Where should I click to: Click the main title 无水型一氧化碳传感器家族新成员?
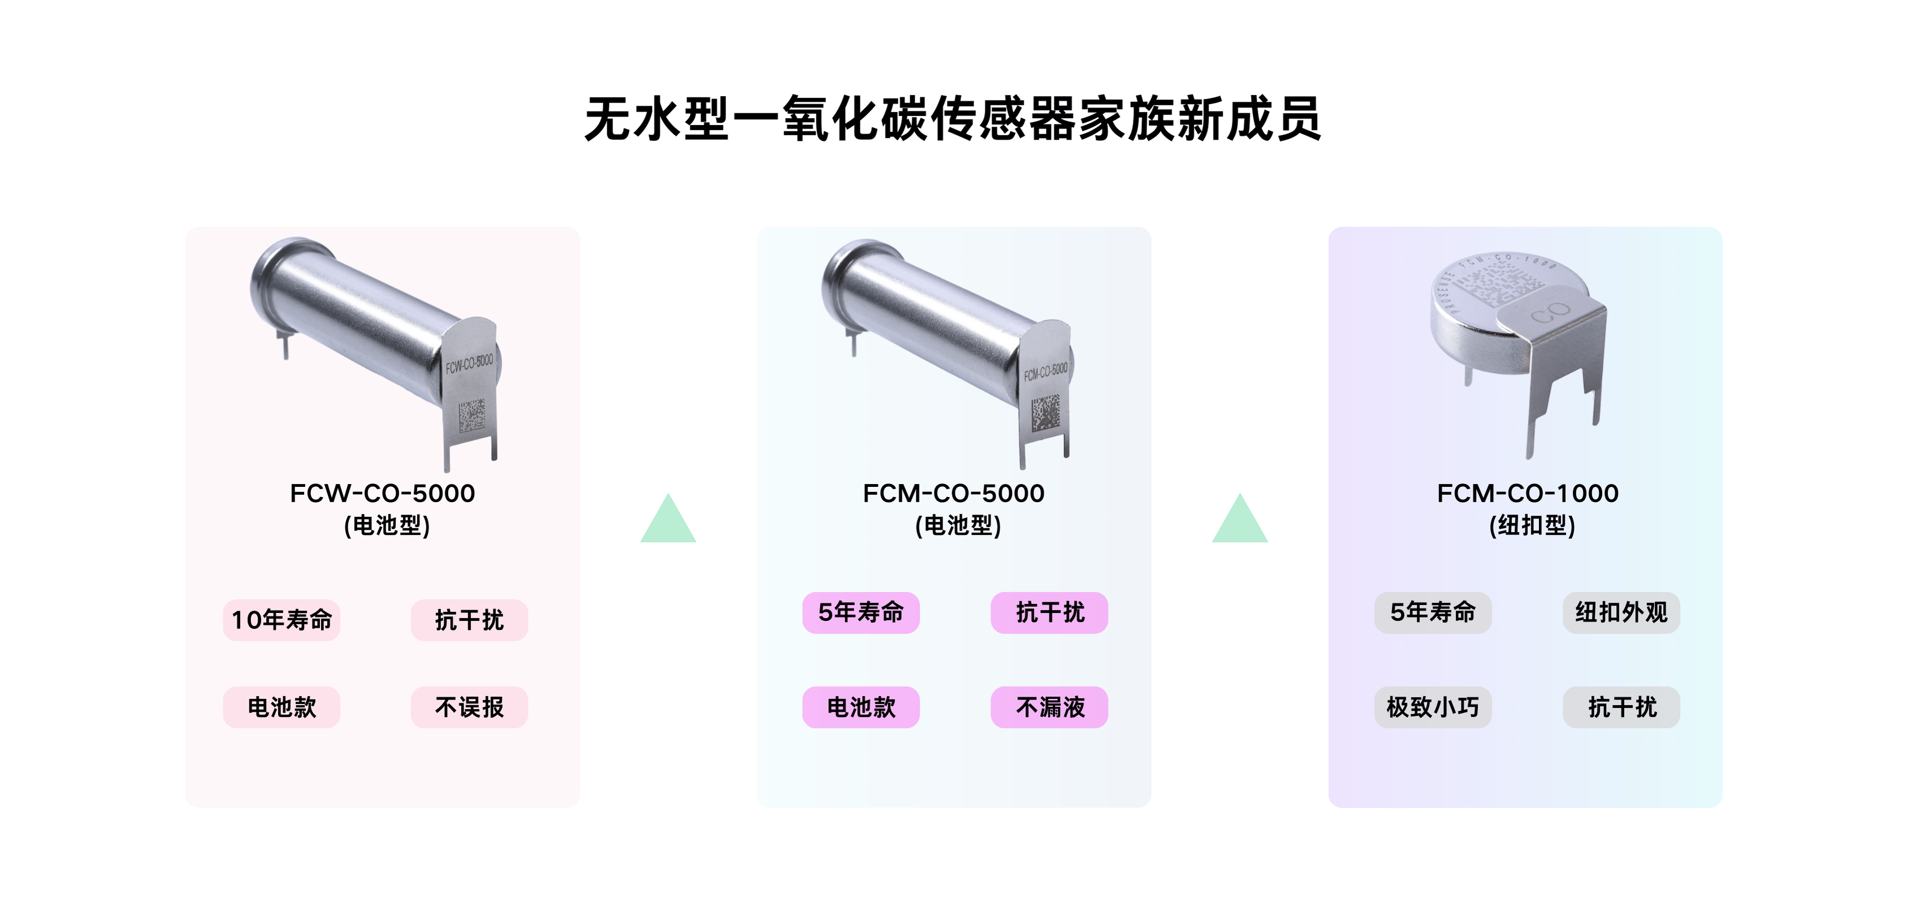click(953, 119)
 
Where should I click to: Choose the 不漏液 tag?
click(1050, 707)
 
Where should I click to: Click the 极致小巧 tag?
click(1433, 707)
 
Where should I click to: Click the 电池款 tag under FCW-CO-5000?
click(282, 707)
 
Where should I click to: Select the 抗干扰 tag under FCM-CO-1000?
click(1621, 707)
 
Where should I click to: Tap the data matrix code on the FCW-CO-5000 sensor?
click(472, 416)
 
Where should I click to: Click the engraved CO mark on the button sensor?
click(1550, 313)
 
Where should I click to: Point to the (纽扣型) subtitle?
click(1531, 526)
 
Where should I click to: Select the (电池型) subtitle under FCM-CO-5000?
click(958, 526)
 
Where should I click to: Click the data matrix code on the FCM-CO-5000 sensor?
click(1045, 412)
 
